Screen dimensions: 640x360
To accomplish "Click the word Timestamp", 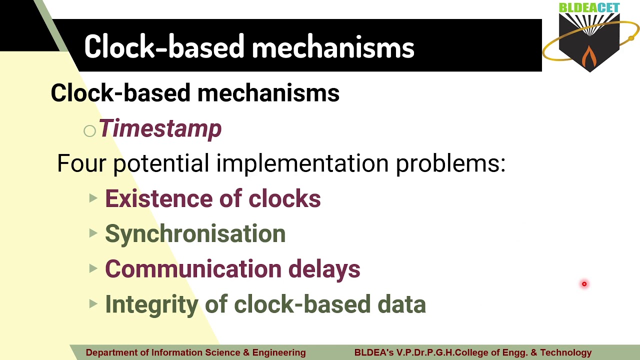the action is point(160,128).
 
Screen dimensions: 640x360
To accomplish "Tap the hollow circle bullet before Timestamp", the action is point(89,131).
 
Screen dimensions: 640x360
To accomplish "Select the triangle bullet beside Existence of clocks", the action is point(93,197).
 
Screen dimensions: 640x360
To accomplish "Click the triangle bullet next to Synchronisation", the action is point(93,233).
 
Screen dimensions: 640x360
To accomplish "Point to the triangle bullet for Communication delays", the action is point(93,268).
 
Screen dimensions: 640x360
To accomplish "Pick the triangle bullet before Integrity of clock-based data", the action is point(93,303).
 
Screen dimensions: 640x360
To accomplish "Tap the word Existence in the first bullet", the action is point(159,198).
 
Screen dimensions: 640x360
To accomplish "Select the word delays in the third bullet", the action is point(324,269).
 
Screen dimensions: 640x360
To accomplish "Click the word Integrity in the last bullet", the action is point(151,305).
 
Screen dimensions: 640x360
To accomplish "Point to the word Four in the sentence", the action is point(81,163).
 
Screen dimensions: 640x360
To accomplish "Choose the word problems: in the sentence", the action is point(451,164).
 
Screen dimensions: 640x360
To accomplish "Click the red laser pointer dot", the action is point(584,284).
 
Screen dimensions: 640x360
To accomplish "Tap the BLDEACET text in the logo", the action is point(589,7).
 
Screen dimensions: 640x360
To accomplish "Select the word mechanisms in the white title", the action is point(333,47).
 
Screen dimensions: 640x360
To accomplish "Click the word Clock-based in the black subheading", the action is point(120,92).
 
